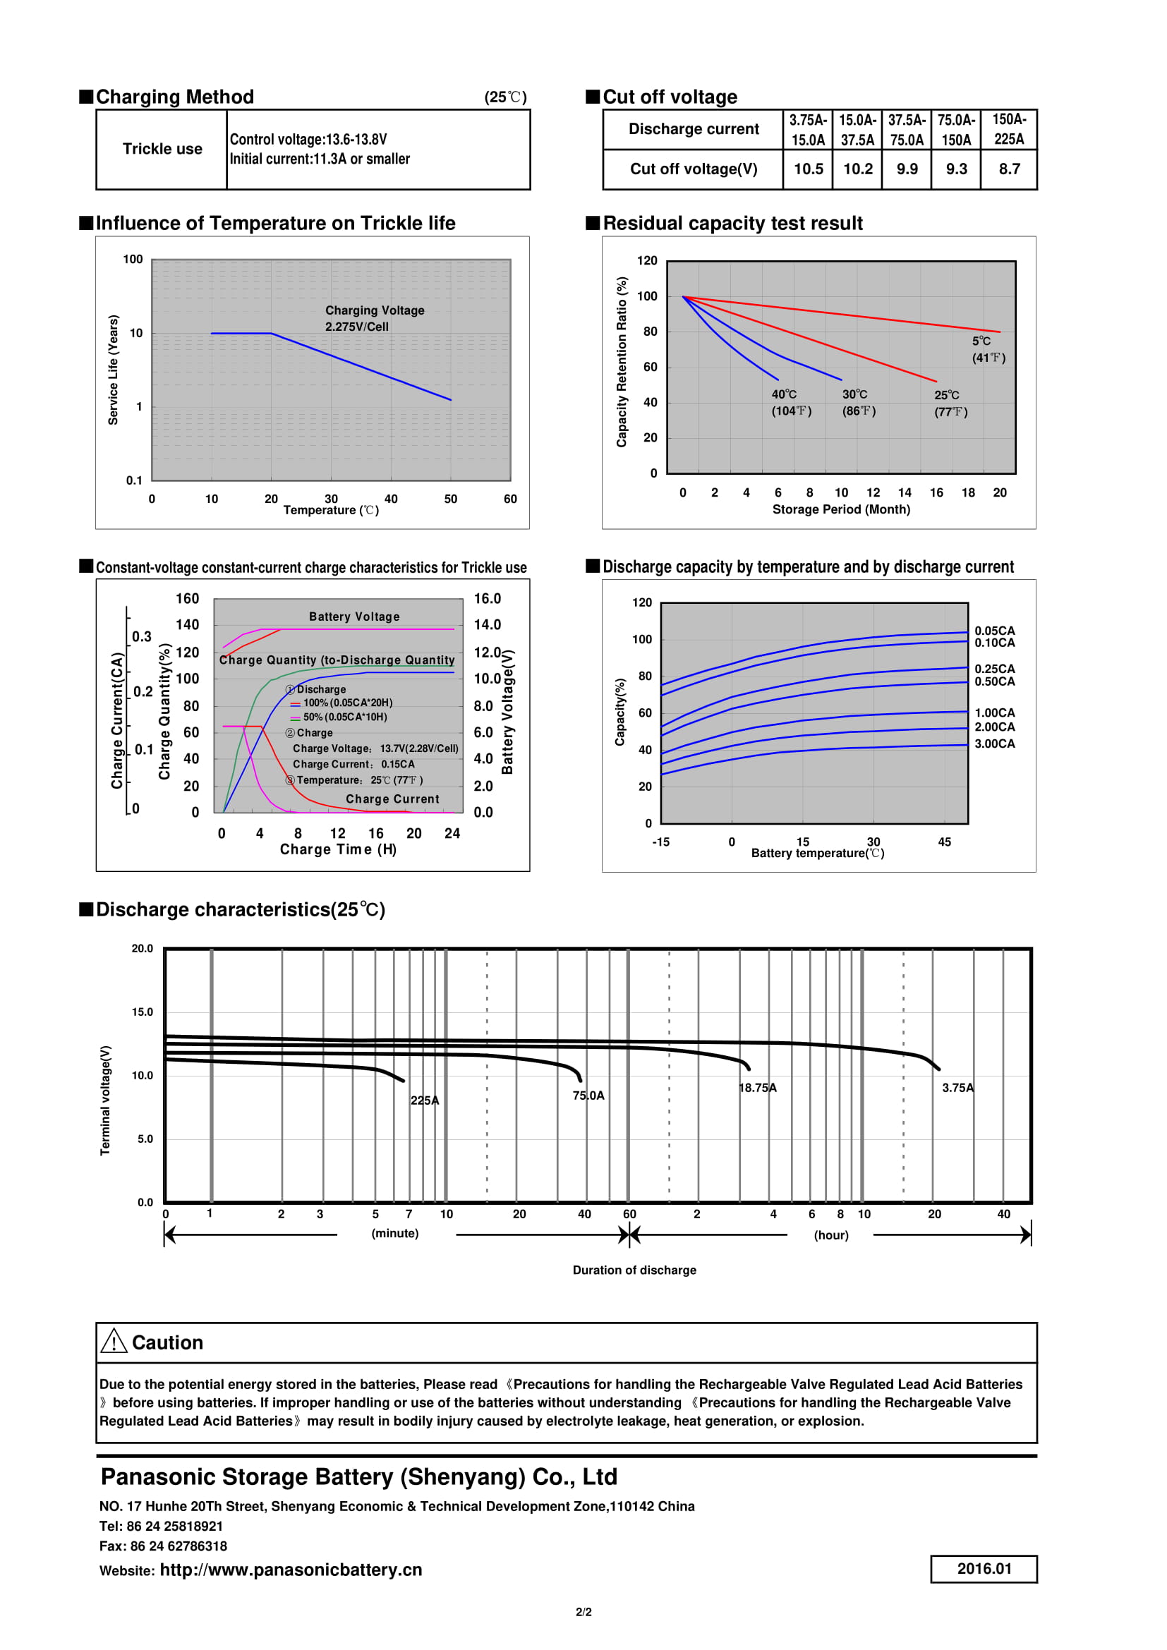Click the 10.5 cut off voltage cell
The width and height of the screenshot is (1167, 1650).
pyautogui.click(x=808, y=169)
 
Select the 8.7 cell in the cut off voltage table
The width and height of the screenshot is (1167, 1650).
pyautogui.click(x=1009, y=169)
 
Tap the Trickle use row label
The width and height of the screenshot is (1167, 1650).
pyautogui.click(x=162, y=149)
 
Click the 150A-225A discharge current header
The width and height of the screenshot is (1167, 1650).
pyautogui.click(x=1009, y=129)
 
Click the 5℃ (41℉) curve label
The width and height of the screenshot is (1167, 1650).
pyautogui.click(x=988, y=349)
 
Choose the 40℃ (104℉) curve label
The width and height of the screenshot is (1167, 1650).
pyautogui.click(x=791, y=402)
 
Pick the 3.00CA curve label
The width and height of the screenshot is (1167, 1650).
pyautogui.click(x=994, y=744)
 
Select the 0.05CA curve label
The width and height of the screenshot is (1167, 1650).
pyautogui.click(x=994, y=631)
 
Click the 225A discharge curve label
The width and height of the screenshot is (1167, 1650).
pyautogui.click(x=425, y=1100)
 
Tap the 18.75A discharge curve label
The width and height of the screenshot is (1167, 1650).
pyautogui.click(x=757, y=1087)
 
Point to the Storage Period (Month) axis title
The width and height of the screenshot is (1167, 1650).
pyautogui.click(x=841, y=509)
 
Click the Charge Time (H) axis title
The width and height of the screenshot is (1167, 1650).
pyautogui.click(x=338, y=849)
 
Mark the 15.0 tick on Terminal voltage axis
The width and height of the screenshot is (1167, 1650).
pyautogui.click(x=143, y=1012)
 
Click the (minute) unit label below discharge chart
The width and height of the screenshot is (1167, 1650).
pyautogui.click(x=394, y=1233)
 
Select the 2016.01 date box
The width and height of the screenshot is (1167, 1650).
pyautogui.click(x=983, y=1569)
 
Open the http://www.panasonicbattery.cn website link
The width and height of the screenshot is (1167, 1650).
pyautogui.click(x=290, y=1570)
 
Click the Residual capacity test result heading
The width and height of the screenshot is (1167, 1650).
pyautogui.click(x=732, y=224)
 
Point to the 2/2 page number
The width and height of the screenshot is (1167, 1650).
pyautogui.click(x=583, y=1612)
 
